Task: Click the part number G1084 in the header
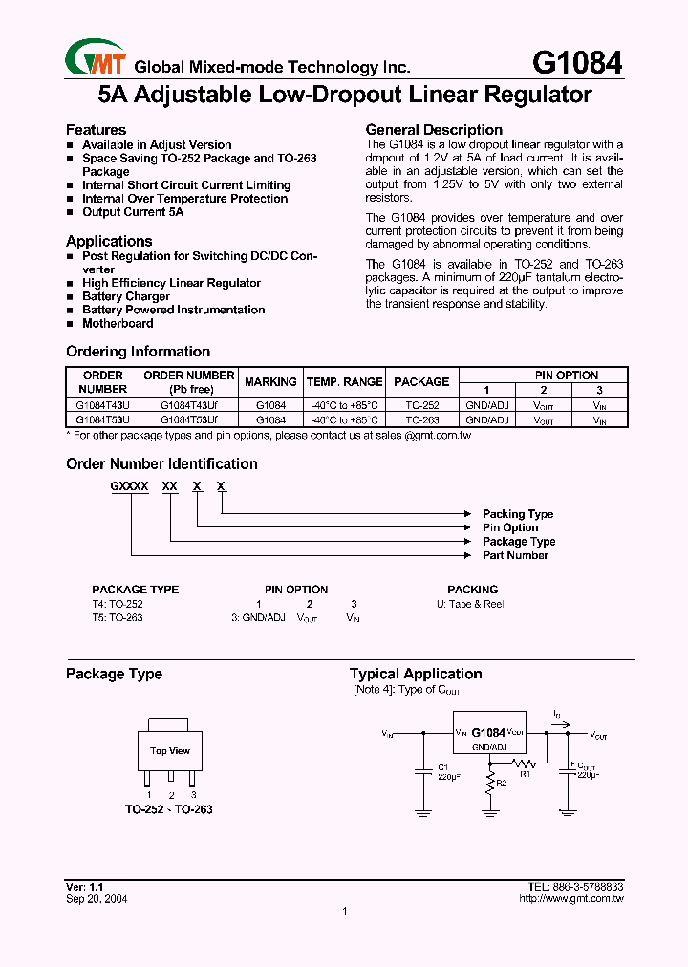(576, 63)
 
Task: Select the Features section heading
(96, 130)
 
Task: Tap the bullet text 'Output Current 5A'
(133, 212)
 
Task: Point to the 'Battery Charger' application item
(126, 296)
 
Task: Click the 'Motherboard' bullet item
(118, 323)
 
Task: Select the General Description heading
(434, 130)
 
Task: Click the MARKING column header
(270, 382)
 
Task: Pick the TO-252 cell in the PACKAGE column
(421, 405)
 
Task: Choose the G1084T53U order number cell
(103, 419)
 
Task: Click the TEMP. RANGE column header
(344, 382)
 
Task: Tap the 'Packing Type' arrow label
(517, 514)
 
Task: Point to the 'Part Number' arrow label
(515, 555)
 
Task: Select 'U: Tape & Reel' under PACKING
(463, 604)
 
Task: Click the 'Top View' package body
(170, 750)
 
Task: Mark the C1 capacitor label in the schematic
(442, 767)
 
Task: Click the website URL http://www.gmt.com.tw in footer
(570, 899)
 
